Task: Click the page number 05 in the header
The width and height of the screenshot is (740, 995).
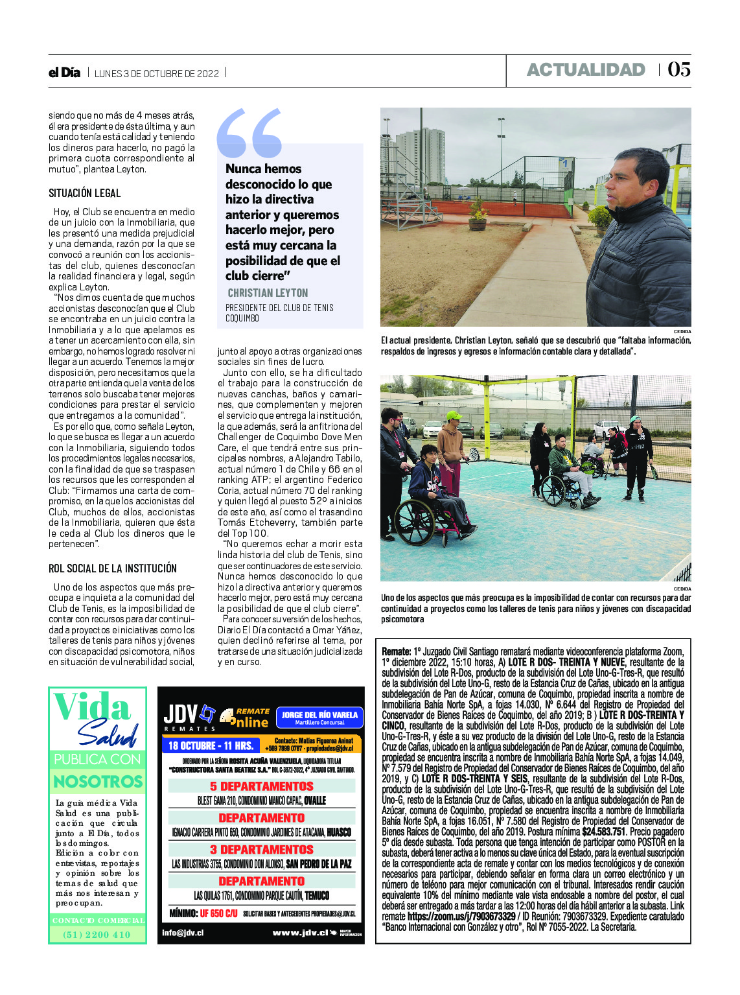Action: (678, 69)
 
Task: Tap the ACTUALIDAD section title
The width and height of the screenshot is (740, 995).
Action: (586, 70)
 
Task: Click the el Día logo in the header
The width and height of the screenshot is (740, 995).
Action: (64, 73)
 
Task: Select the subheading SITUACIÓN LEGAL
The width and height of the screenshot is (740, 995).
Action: (84, 193)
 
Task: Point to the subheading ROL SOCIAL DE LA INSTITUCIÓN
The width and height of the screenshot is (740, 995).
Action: (113, 568)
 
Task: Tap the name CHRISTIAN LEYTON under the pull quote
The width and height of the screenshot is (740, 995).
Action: (268, 293)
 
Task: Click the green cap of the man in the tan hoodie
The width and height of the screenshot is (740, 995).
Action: (454, 415)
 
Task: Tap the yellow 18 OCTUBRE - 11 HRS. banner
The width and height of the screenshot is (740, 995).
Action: (211, 745)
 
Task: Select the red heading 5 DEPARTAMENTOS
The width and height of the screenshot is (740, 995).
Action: (262, 786)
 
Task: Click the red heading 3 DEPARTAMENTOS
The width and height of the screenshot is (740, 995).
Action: (262, 849)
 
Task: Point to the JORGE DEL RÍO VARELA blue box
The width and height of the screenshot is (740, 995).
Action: (319, 717)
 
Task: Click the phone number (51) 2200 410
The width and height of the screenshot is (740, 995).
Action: (97, 935)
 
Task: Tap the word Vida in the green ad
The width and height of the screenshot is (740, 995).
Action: (92, 708)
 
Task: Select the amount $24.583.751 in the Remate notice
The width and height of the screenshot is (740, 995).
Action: (603, 832)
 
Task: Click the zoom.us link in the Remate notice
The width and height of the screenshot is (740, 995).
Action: (461, 917)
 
